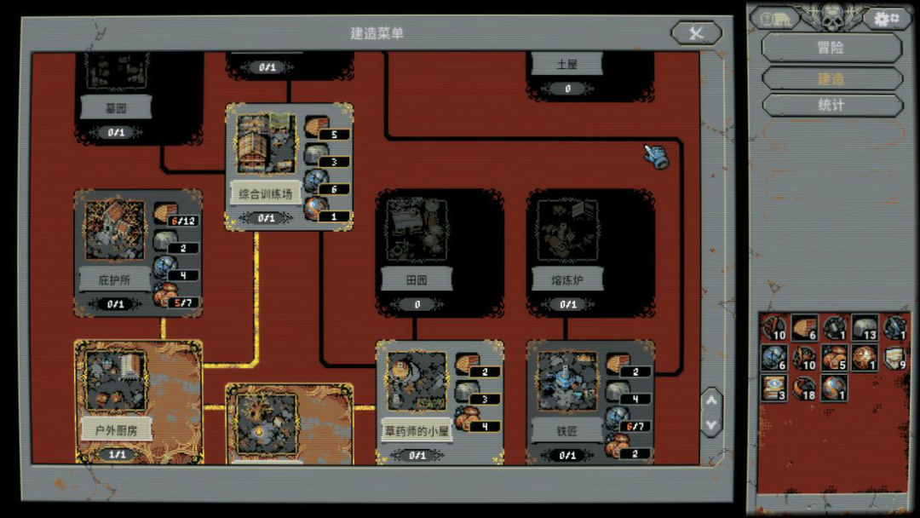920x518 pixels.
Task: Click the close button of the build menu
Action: [x=696, y=33]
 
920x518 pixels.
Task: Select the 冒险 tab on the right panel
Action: [x=831, y=48]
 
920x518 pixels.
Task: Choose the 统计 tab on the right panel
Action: [x=831, y=106]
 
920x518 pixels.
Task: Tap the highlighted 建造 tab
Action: [x=831, y=78]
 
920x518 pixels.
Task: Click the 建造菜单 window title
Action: [x=377, y=33]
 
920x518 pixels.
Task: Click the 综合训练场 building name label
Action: [x=265, y=194]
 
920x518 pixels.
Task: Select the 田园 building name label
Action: [x=417, y=279]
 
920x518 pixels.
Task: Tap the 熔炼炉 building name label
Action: [x=566, y=279]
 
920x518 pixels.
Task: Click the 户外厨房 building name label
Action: [x=116, y=429]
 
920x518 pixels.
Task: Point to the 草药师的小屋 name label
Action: [x=417, y=430]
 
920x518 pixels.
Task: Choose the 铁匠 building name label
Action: [x=566, y=431]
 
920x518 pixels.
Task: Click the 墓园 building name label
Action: [x=116, y=107]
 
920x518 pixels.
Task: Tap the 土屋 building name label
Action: [x=566, y=64]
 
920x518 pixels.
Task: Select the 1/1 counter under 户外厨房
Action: [x=116, y=455]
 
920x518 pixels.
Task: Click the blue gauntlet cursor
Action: [x=656, y=155]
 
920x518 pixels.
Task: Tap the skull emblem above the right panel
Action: [x=831, y=14]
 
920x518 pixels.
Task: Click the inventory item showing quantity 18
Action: [x=803, y=388]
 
